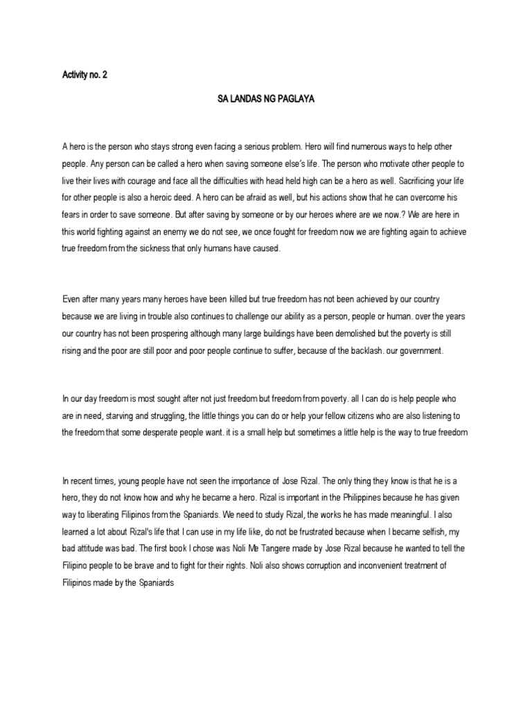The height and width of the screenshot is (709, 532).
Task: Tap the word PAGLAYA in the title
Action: [298, 100]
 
